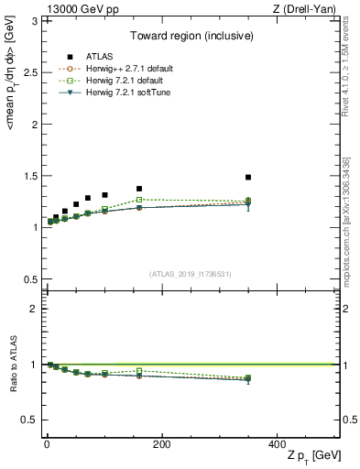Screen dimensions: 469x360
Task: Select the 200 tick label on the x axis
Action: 161,442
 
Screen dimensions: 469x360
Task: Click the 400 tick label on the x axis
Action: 277,442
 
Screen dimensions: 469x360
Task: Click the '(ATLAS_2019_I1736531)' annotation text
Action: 191,273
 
